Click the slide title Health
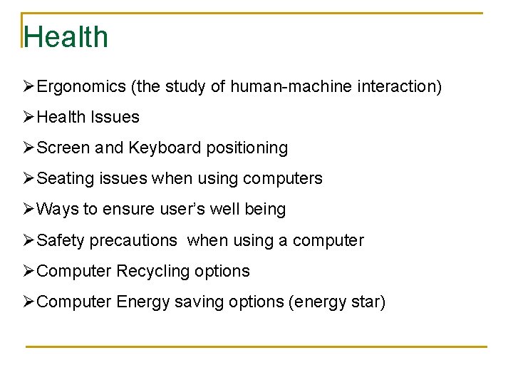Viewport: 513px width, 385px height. click(x=66, y=37)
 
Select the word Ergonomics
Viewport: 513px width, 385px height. click(x=81, y=87)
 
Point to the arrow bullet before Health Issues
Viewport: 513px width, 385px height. click(x=28, y=117)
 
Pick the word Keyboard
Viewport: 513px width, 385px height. click(x=165, y=148)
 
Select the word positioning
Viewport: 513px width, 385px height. click(x=247, y=148)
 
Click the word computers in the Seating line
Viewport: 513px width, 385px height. click(x=283, y=179)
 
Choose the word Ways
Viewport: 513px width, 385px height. click(x=57, y=209)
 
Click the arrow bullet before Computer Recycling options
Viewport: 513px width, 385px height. click(x=28, y=271)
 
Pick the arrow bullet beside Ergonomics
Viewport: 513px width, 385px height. click(x=28, y=86)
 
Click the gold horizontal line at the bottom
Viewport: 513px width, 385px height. click(x=256, y=346)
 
